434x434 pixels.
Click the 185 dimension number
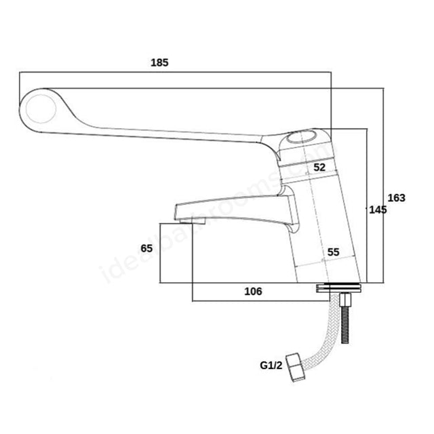pos(159,62)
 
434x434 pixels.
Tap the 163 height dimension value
pos(396,198)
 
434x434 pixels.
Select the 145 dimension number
pos(378,210)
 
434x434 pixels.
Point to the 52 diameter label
pos(319,167)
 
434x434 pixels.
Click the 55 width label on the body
pos(333,252)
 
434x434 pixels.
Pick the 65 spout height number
pos(146,248)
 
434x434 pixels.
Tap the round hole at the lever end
pos(40,108)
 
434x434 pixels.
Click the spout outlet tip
pos(193,218)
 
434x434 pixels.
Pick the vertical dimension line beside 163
pos(384,183)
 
